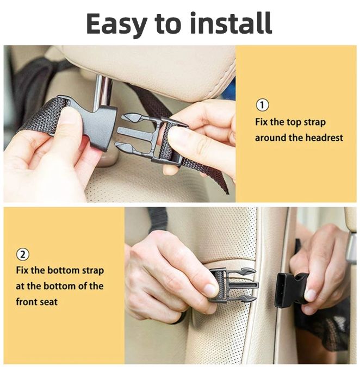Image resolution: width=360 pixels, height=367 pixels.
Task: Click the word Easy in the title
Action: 117,24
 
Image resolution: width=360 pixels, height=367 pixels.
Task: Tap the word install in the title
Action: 231,22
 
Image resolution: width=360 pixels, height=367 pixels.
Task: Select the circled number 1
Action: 262,105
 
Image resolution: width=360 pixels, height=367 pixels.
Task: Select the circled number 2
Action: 23,254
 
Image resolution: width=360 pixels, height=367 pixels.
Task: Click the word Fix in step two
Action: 22,270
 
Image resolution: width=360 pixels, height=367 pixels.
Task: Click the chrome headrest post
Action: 102,92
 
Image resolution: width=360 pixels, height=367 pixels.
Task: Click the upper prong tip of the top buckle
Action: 123,116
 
